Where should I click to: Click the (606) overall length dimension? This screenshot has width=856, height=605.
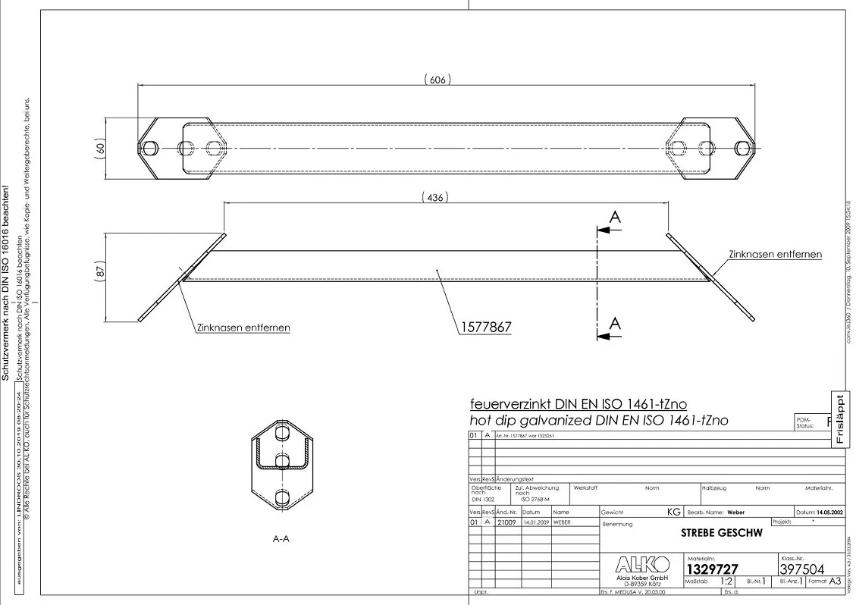pos(436,80)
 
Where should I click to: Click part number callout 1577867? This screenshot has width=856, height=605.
pos(485,328)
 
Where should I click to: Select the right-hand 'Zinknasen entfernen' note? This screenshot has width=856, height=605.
pos(775,254)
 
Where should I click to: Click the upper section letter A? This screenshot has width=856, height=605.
pos(616,218)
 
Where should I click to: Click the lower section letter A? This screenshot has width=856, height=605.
pos(616,324)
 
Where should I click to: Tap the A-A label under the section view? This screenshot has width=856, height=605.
pos(281,539)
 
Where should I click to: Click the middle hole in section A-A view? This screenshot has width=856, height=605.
pos(282,462)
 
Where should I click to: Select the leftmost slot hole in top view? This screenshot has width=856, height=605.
pos(150,147)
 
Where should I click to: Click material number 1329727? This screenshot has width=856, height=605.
pos(712,569)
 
